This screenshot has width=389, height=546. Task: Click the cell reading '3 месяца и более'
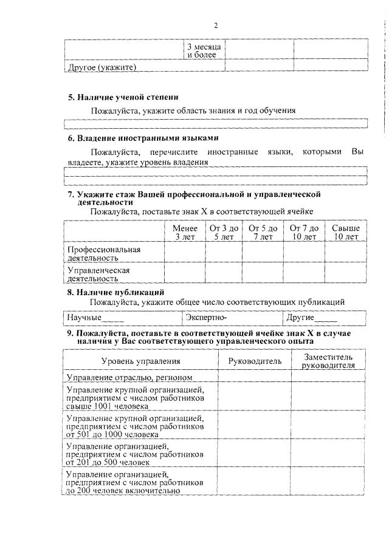coord(204,50)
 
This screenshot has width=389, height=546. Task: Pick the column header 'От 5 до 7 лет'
coord(263,233)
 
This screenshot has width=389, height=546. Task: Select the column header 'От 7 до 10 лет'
coord(303,233)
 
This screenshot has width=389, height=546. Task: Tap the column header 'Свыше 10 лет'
coord(345,233)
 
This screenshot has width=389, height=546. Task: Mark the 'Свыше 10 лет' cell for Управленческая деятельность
coord(345,273)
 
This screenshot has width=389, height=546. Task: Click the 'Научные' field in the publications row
coord(122,318)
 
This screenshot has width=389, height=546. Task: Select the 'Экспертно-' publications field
coord(232,318)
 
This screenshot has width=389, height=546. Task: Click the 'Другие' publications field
coord(325,318)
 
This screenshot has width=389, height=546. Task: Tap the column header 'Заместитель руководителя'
coord(329,361)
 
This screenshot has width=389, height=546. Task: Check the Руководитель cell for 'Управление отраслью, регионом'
coord(254,377)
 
